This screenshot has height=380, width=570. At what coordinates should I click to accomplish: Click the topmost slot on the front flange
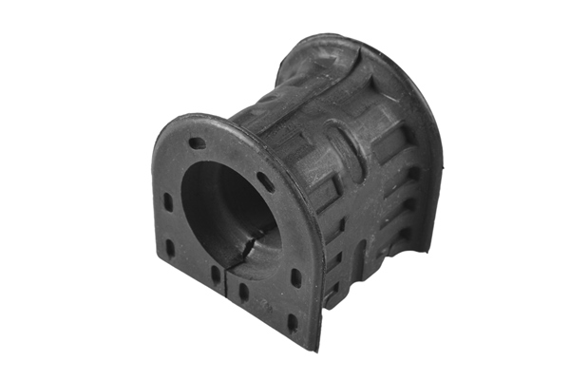(197, 143)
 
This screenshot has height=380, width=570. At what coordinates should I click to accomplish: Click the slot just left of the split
(216, 275)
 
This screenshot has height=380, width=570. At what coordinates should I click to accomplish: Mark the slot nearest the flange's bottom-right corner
(292, 321)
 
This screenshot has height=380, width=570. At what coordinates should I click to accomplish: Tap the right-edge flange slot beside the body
(295, 279)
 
